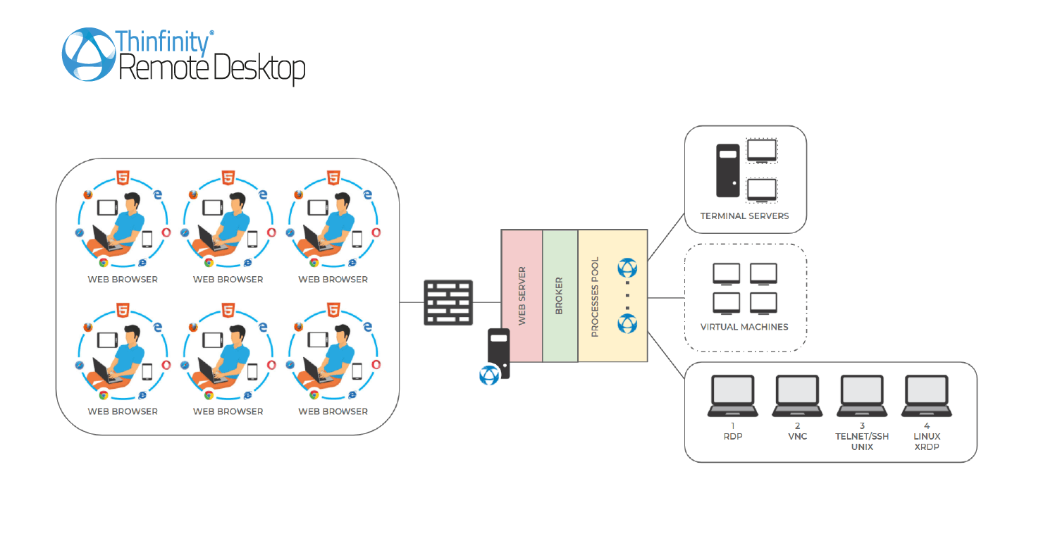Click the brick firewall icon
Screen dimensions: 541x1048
click(x=448, y=302)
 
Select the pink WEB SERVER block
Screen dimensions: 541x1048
click(x=522, y=296)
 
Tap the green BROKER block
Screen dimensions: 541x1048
click(x=560, y=296)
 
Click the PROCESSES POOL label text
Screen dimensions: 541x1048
click(x=595, y=297)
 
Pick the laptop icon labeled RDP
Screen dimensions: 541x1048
click(x=733, y=396)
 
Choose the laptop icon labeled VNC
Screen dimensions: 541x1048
click(x=797, y=396)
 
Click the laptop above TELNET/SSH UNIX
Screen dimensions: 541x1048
click(x=862, y=396)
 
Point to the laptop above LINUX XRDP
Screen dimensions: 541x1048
click(x=927, y=396)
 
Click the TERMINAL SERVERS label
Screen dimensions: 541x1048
click(x=744, y=216)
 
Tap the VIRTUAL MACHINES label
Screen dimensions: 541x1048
click(x=744, y=327)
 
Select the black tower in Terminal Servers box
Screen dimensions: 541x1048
click(x=728, y=170)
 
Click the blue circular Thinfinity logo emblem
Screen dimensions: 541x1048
click(x=90, y=54)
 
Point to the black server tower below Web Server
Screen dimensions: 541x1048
click(x=499, y=349)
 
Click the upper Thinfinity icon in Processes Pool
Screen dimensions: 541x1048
click(x=627, y=268)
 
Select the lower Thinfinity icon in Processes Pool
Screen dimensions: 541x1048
click(x=627, y=324)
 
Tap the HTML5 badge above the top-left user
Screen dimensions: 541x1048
click(x=123, y=178)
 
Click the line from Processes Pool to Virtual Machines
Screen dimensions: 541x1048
click(x=666, y=298)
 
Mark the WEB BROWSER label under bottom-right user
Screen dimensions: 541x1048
click(x=333, y=411)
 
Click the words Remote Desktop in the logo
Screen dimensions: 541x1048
click(x=212, y=69)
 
